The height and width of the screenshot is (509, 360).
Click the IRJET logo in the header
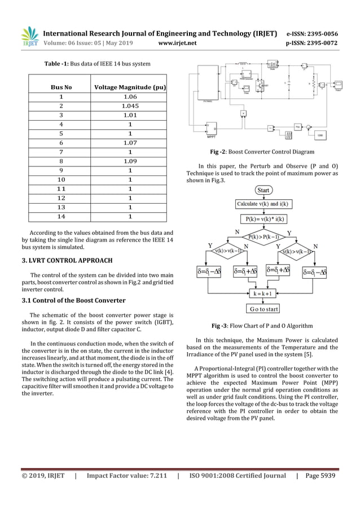coord(29,37)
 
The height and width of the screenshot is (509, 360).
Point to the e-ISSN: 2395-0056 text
coord(312,33)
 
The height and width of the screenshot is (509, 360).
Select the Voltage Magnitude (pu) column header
coord(130,87)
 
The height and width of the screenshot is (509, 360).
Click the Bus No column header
coord(61,87)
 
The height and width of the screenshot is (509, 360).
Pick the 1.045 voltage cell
coord(130,106)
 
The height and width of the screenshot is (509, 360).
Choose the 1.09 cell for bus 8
coord(130,161)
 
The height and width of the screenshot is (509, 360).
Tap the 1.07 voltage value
coord(130,143)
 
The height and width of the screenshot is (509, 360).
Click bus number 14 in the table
coord(61,216)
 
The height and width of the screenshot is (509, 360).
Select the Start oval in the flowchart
coord(264,190)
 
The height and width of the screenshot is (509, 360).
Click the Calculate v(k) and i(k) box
coord(264,204)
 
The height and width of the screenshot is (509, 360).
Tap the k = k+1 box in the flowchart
coord(264,294)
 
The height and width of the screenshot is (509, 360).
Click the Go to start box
coord(264,309)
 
